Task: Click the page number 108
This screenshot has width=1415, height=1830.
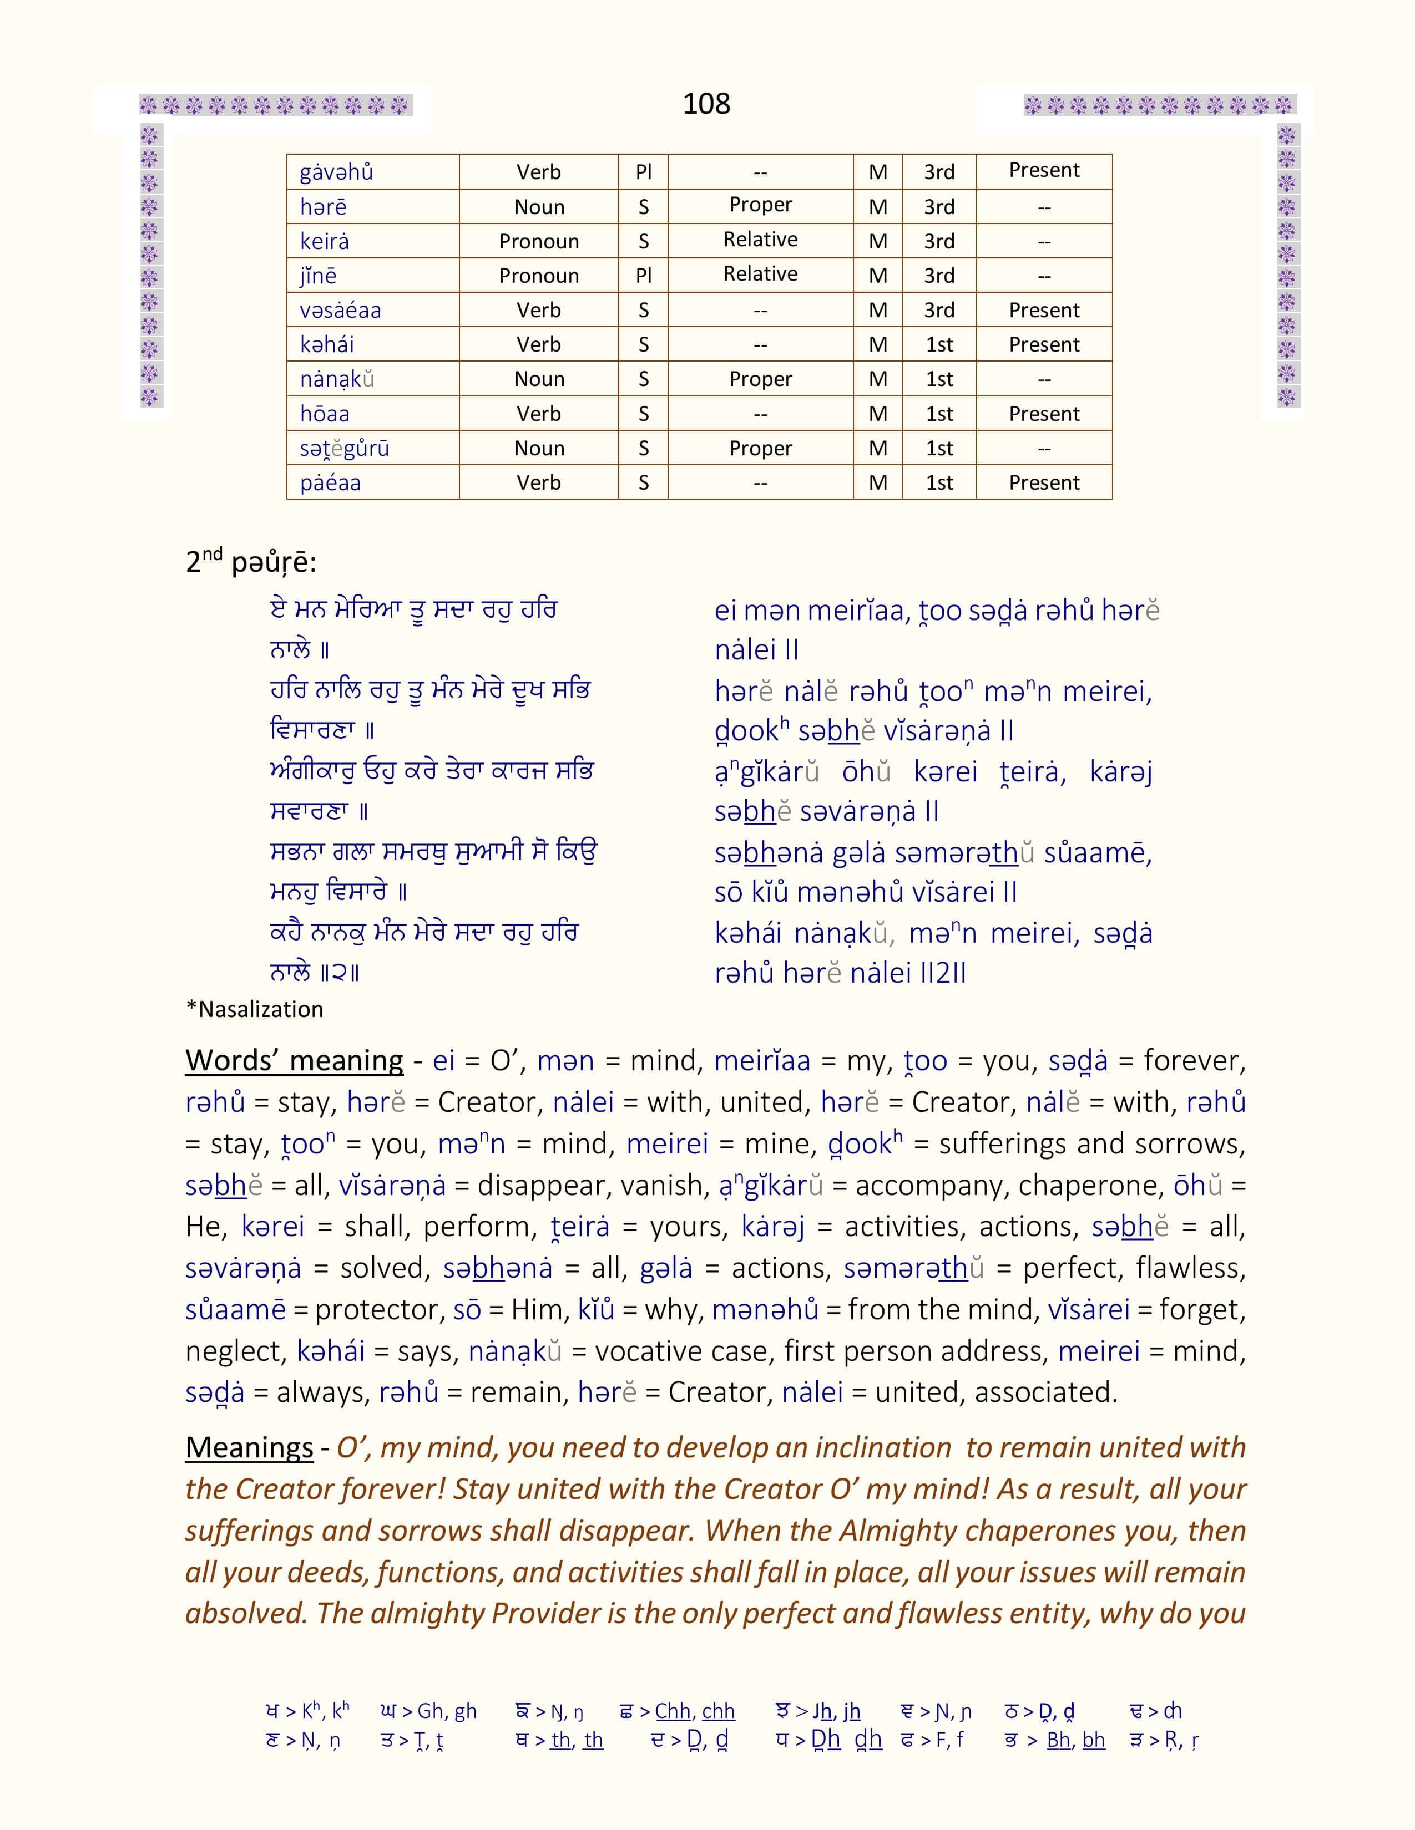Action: [x=706, y=104]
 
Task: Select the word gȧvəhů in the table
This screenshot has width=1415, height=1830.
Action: [x=336, y=172]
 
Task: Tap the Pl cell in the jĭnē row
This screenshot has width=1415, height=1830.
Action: [x=643, y=276]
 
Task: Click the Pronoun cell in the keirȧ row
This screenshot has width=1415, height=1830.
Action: [x=538, y=241]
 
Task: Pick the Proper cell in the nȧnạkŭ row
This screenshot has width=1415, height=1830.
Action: [x=760, y=379]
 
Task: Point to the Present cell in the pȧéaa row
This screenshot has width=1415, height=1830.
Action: [x=1044, y=482]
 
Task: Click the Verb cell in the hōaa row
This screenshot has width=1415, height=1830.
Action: [x=538, y=414]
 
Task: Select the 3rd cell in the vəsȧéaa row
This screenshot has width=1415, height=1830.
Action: [x=939, y=310]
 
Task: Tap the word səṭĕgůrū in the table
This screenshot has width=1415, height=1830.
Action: [x=345, y=448]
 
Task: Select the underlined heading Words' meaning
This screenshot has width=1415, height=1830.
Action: [x=294, y=1061]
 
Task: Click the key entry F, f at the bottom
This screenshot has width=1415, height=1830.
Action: [x=943, y=1740]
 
